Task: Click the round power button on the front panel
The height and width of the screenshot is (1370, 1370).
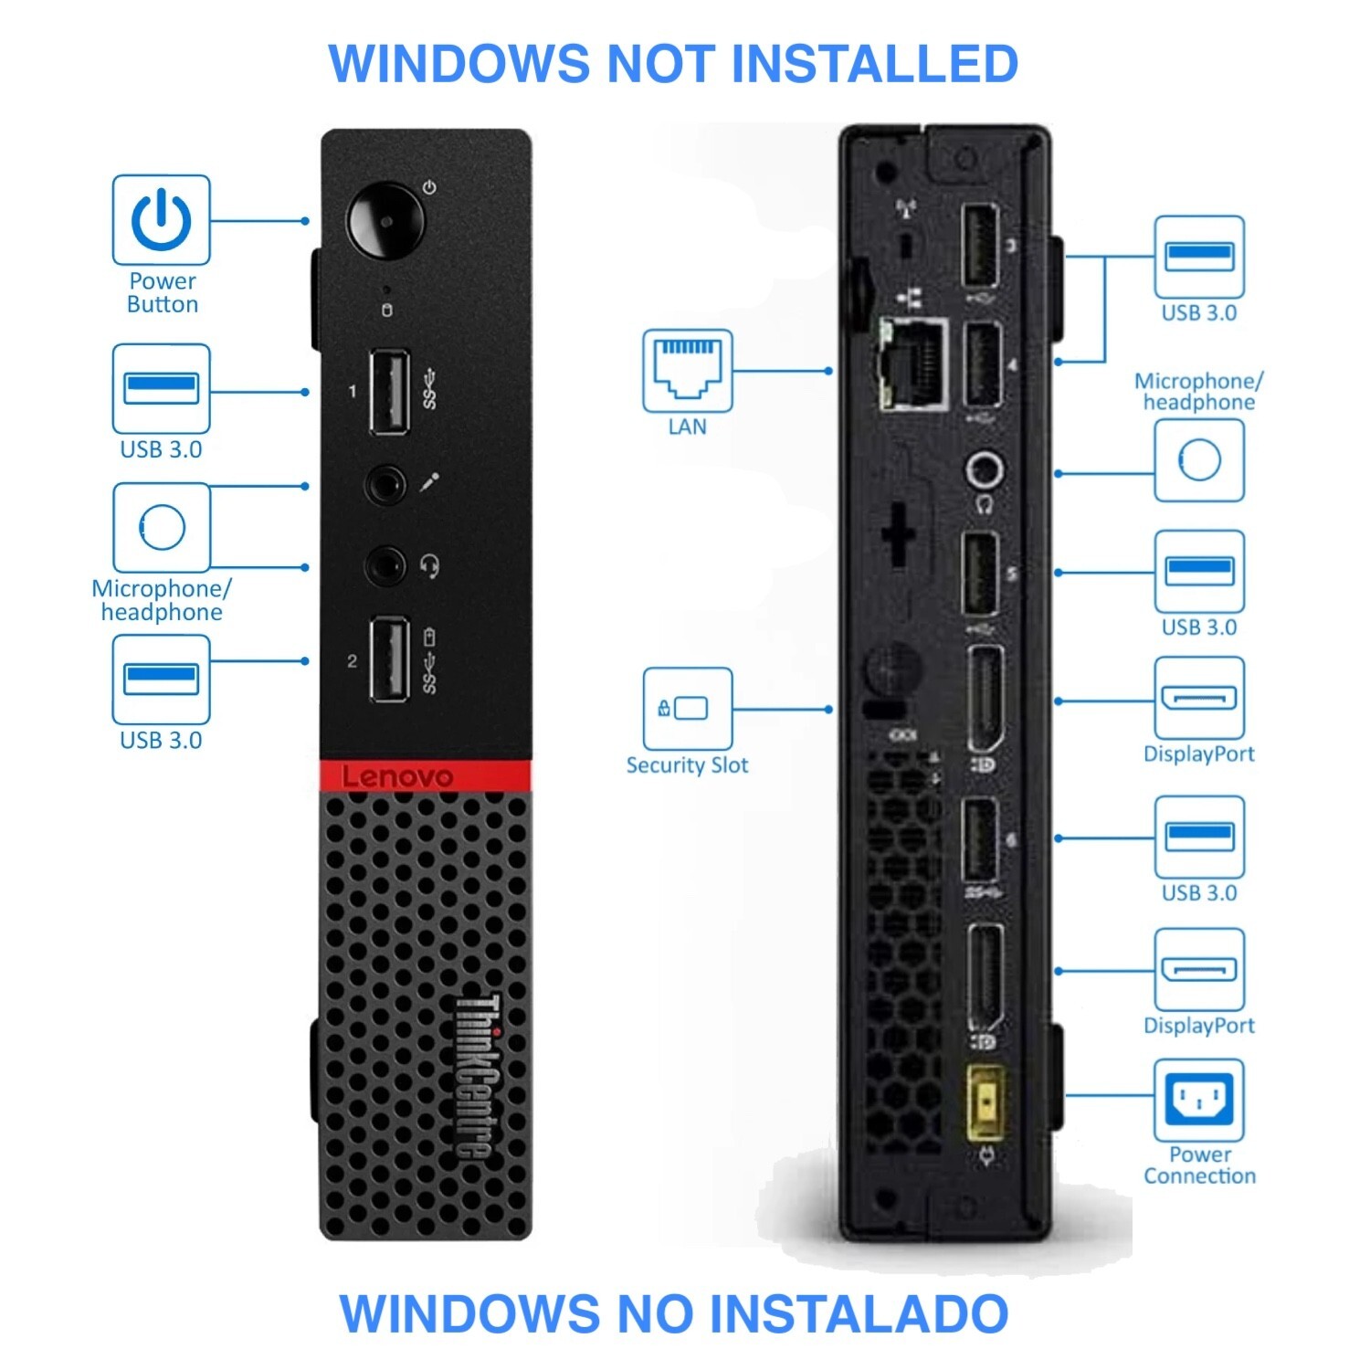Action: pos(385,221)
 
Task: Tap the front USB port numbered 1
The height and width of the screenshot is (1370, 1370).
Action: pos(388,392)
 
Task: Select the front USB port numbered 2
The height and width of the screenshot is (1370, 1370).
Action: pos(388,659)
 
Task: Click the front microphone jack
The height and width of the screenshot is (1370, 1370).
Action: pos(385,484)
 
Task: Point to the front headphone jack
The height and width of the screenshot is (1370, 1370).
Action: pos(385,566)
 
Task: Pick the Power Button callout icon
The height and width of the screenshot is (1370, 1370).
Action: pos(161,220)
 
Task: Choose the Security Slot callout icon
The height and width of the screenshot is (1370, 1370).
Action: pos(687,709)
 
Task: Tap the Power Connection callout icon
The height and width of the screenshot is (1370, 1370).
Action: pos(1198,1099)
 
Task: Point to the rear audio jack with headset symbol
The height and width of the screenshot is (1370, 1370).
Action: pos(985,472)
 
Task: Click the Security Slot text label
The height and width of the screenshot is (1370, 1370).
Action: pos(687,765)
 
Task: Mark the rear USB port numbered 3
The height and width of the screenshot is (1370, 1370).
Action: pos(980,246)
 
